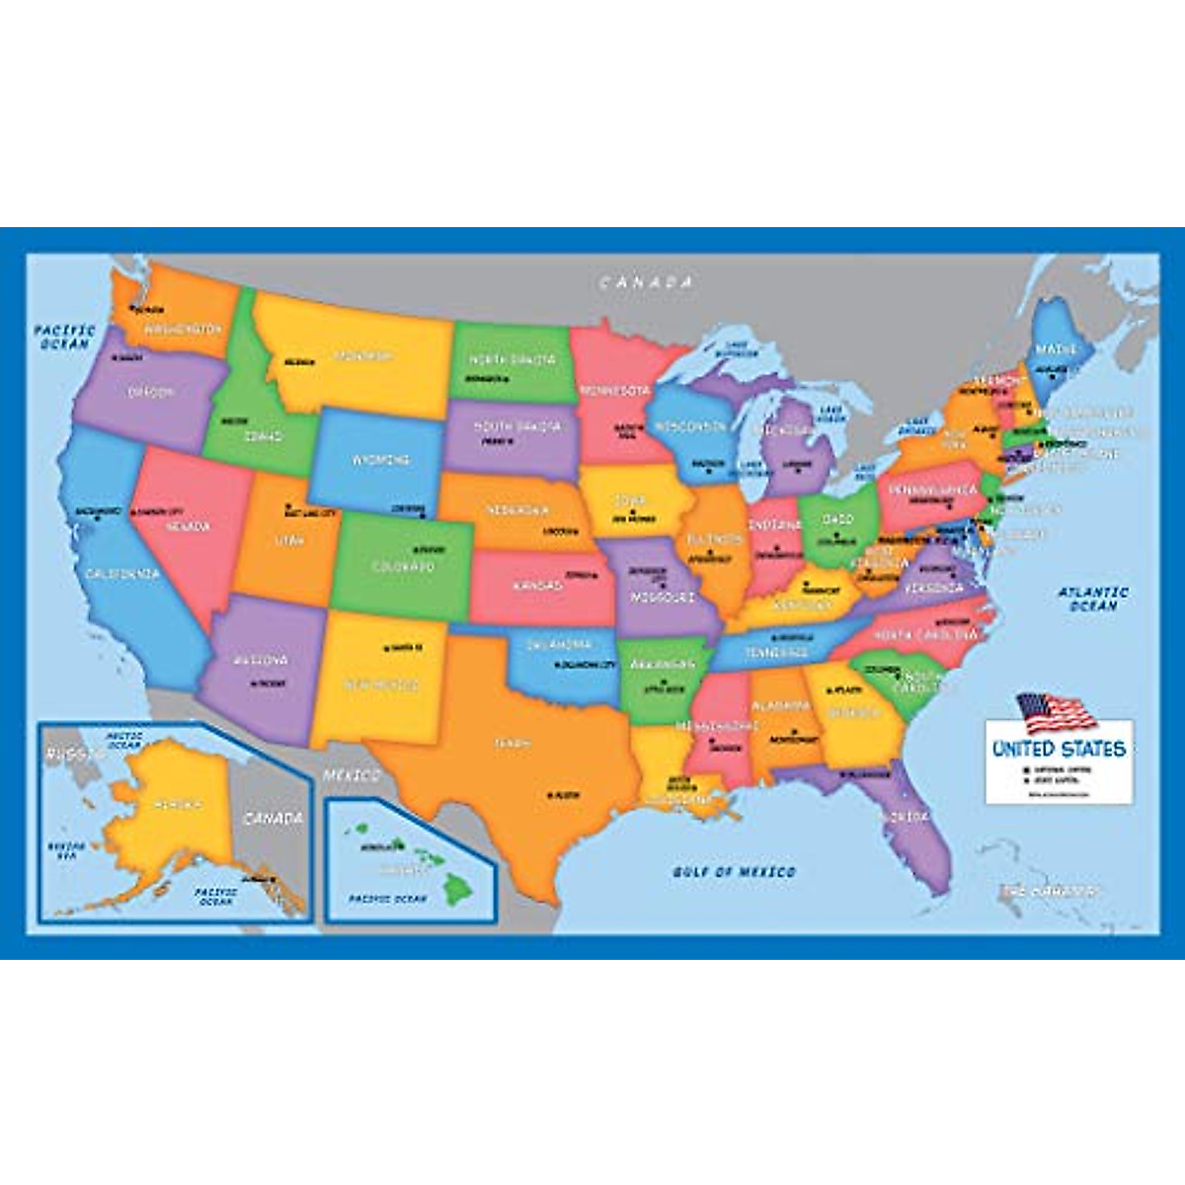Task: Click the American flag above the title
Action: [1055, 711]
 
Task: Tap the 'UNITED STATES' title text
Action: [1059, 749]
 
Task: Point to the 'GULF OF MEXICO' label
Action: [734, 872]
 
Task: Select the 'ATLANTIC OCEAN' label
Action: [1093, 599]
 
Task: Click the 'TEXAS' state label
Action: [513, 743]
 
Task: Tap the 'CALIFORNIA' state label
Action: [121, 574]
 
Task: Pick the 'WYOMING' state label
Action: [380, 460]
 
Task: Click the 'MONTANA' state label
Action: [362, 355]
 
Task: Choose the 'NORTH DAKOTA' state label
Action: [511, 360]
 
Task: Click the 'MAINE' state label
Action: [1056, 350]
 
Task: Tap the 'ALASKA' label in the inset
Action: [179, 806]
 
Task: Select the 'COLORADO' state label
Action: [403, 568]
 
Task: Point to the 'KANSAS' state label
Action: [537, 586]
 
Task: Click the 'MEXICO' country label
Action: [353, 774]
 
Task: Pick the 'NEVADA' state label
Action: [188, 527]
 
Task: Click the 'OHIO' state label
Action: [838, 519]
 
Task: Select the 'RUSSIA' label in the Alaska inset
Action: [71, 754]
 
